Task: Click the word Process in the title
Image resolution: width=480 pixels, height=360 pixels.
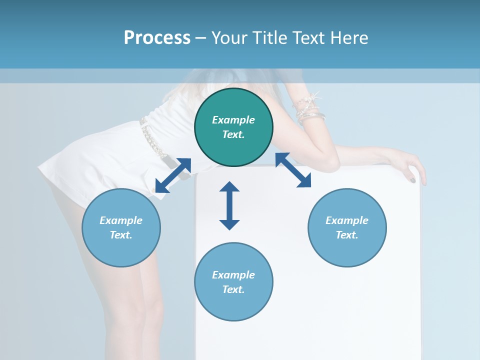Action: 157,37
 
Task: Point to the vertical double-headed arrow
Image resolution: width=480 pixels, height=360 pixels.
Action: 229,205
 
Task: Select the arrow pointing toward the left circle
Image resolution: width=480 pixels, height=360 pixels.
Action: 173,175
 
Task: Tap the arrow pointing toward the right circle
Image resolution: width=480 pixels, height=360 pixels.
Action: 293,170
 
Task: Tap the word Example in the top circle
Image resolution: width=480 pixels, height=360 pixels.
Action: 233,120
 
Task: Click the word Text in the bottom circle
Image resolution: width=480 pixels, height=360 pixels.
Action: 233,289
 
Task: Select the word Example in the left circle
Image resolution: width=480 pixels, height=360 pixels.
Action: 121,220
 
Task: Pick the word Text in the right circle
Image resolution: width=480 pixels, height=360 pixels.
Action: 346,235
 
